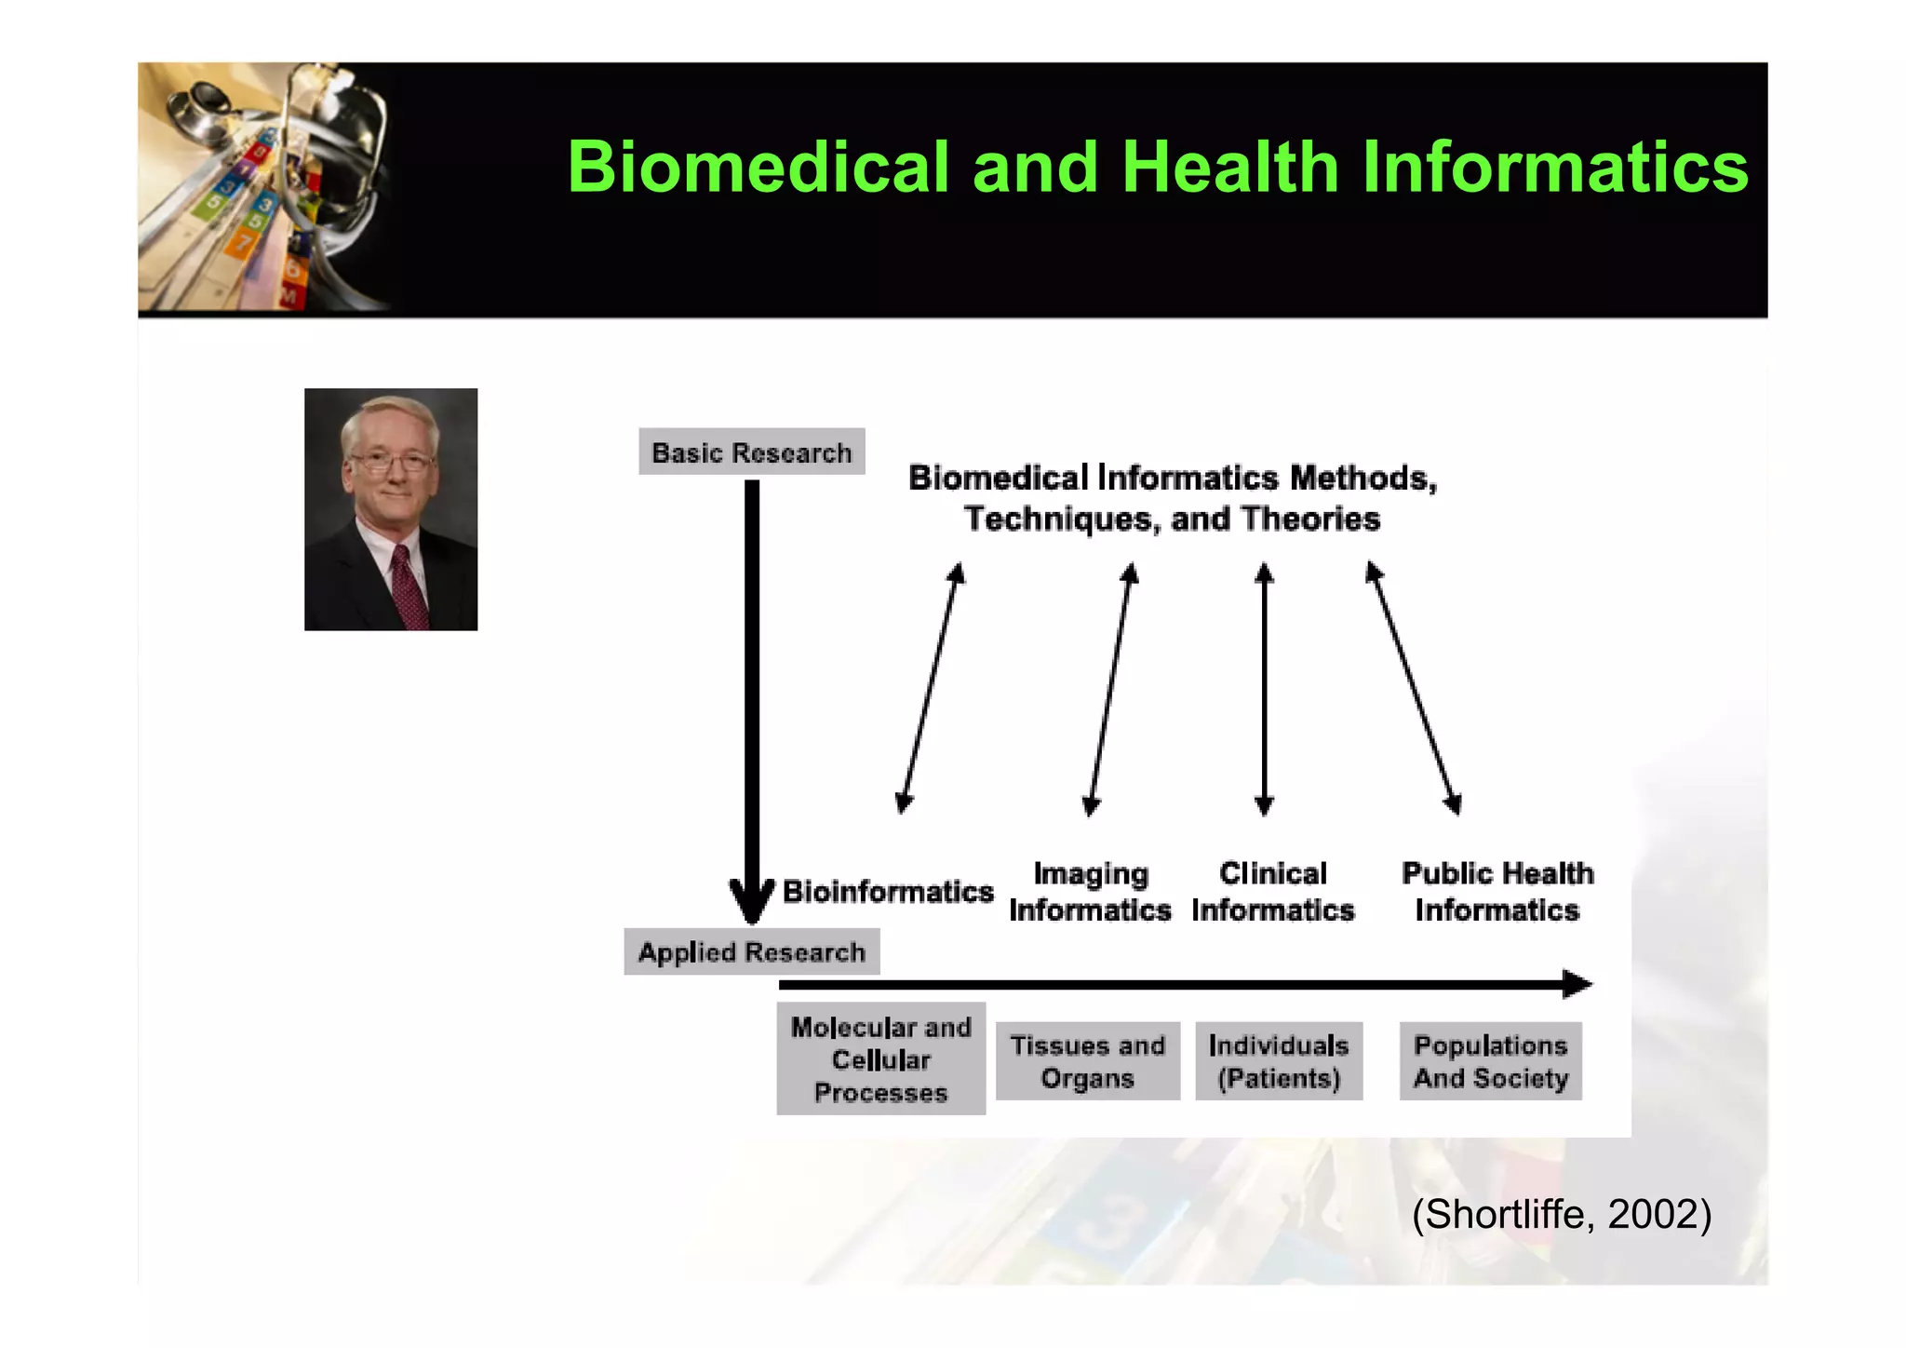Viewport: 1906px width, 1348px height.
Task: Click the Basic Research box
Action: [x=752, y=452]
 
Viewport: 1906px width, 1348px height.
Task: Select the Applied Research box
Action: [x=752, y=952]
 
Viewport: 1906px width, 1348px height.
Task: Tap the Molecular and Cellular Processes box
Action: [x=880, y=1059]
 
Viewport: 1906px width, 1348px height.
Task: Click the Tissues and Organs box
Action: [x=1087, y=1061]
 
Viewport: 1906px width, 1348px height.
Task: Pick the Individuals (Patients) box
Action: [x=1279, y=1061]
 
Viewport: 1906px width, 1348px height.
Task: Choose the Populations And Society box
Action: [x=1490, y=1061]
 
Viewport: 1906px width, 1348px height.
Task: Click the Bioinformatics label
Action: [x=888, y=891]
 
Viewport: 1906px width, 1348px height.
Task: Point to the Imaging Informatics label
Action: [x=1090, y=892]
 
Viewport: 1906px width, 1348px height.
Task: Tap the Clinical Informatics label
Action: [x=1272, y=892]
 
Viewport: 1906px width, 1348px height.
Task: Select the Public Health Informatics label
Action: [x=1497, y=892]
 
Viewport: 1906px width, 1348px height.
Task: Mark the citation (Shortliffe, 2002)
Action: [x=1561, y=1215]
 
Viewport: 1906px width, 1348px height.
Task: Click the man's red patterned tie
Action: [x=408, y=586]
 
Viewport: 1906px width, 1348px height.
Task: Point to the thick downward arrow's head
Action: [x=752, y=900]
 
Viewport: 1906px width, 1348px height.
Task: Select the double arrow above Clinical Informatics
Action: [x=1264, y=689]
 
